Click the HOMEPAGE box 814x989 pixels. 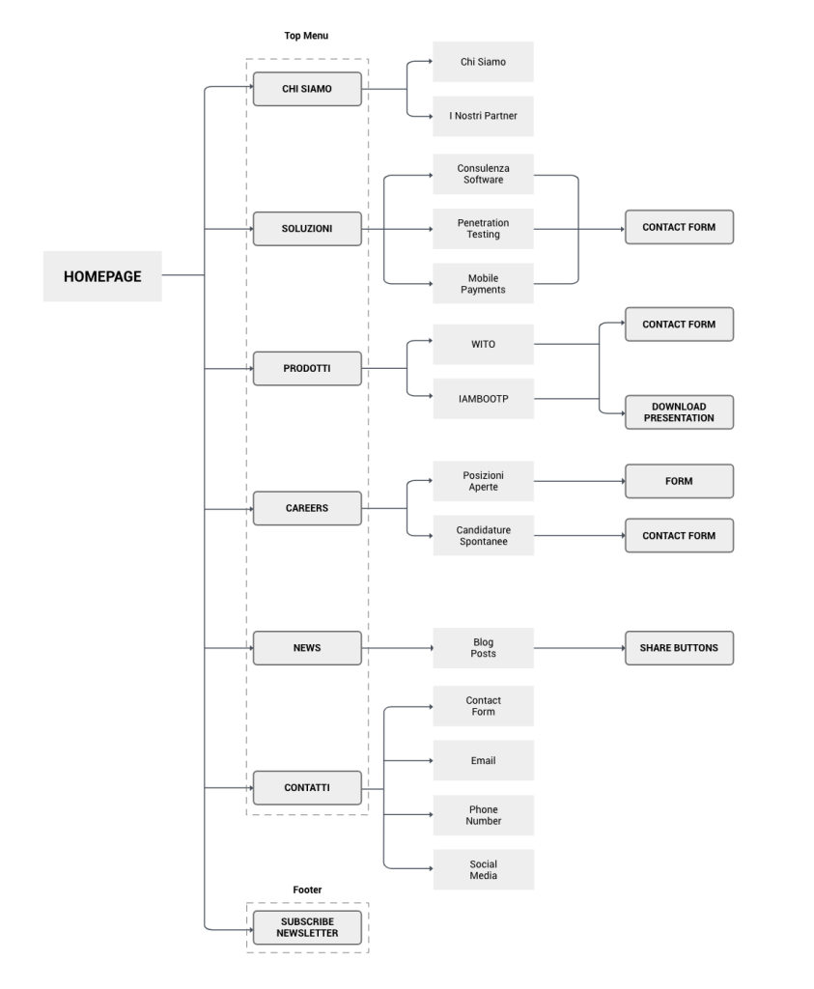102,276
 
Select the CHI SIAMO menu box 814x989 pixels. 307,89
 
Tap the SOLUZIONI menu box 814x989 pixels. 307,229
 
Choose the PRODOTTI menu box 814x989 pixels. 307,368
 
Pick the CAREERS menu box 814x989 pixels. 307,508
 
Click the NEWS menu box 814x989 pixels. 307,648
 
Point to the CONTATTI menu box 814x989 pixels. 307,787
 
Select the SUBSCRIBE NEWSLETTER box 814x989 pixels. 307,927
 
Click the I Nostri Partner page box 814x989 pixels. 483,116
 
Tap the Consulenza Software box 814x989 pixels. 483,174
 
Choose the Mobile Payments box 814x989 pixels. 483,283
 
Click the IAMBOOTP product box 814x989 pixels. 483,398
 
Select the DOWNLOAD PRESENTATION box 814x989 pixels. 679,412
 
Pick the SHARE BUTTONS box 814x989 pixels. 679,648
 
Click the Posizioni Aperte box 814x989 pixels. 483,481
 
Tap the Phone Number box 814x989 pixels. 483,815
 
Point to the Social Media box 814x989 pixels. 483,869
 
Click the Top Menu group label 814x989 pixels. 307,36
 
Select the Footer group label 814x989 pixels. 307,890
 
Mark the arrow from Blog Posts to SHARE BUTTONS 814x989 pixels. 579,648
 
